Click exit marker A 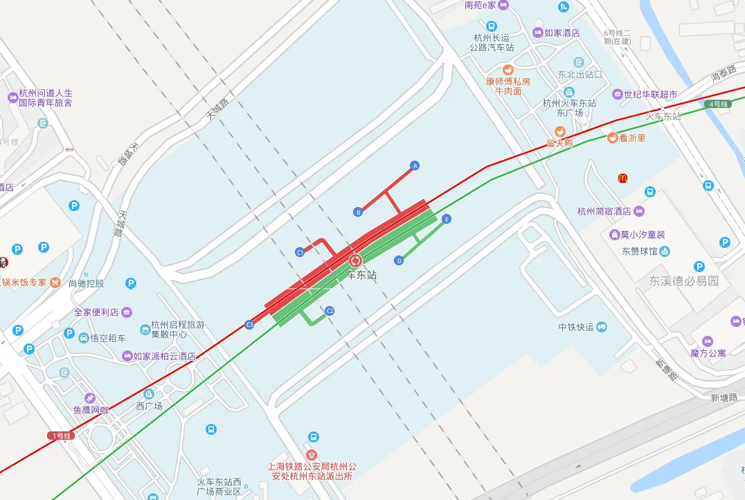click(x=415, y=166)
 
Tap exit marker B click(x=358, y=212)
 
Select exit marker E click(x=447, y=220)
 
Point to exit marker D click(x=399, y=261)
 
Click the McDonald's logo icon click(x=622, y=179)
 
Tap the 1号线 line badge click(x=61, y=436)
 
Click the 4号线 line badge click(x=717, y=104)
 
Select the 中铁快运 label click(x=576, y=327)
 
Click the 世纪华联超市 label click(x=649, y=94)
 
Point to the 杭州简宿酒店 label click(x=604, y=211)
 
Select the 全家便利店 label click(x=96, y=312)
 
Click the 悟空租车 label click(x=108, y=338)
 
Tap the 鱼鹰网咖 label click(x=91, y=410)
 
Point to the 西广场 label click(x=149, y=406)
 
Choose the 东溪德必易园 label click(x=684, y=281)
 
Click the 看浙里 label click(x=631, y=138)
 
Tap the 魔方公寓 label click(x=708, y=353)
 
